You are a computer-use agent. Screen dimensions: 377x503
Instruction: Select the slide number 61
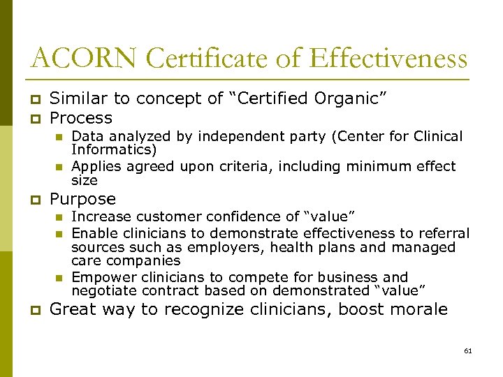(468, 350)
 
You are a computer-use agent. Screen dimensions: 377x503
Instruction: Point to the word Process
(81, 117)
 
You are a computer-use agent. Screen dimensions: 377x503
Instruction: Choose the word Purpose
(83, 199)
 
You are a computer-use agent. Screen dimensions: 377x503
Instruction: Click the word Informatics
(111, 149)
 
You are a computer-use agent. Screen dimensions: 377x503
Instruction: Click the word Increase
(101, 217)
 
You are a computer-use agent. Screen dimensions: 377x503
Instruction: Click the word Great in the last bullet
(73, 309)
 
